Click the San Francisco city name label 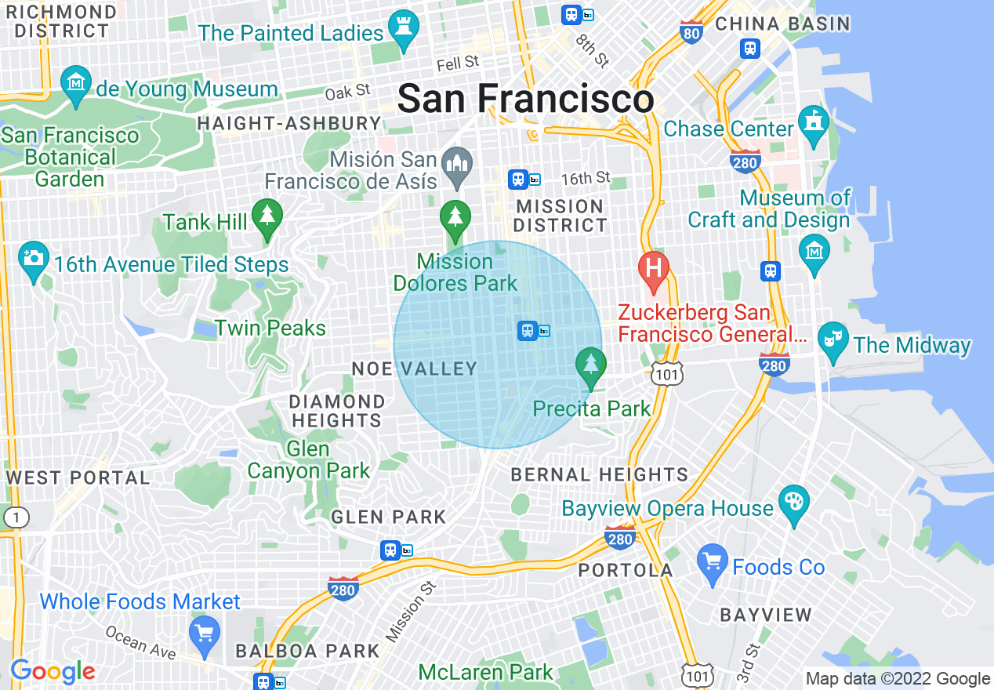click(x=525, y=100)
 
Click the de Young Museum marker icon click(x=76, y=85)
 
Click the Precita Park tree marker click(x=590, y=366)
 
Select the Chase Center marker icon click(x=814, y=124)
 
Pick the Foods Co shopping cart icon click(x=712, y=563)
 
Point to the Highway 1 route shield click(x=16, y=517)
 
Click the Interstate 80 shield click(x=691, y=33)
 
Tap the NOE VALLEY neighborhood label click(x=414, y=369)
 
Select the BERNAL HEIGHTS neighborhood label click(x=600, y=474)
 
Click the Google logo click(x=53, y=671)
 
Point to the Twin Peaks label click(x=270, y=328)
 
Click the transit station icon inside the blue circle click(x=528, y=331)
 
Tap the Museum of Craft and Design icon click(x=814, y=250)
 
